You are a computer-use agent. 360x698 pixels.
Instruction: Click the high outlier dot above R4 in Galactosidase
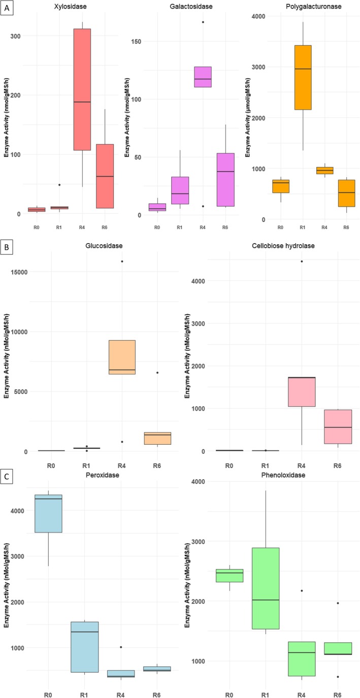[203, 22]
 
